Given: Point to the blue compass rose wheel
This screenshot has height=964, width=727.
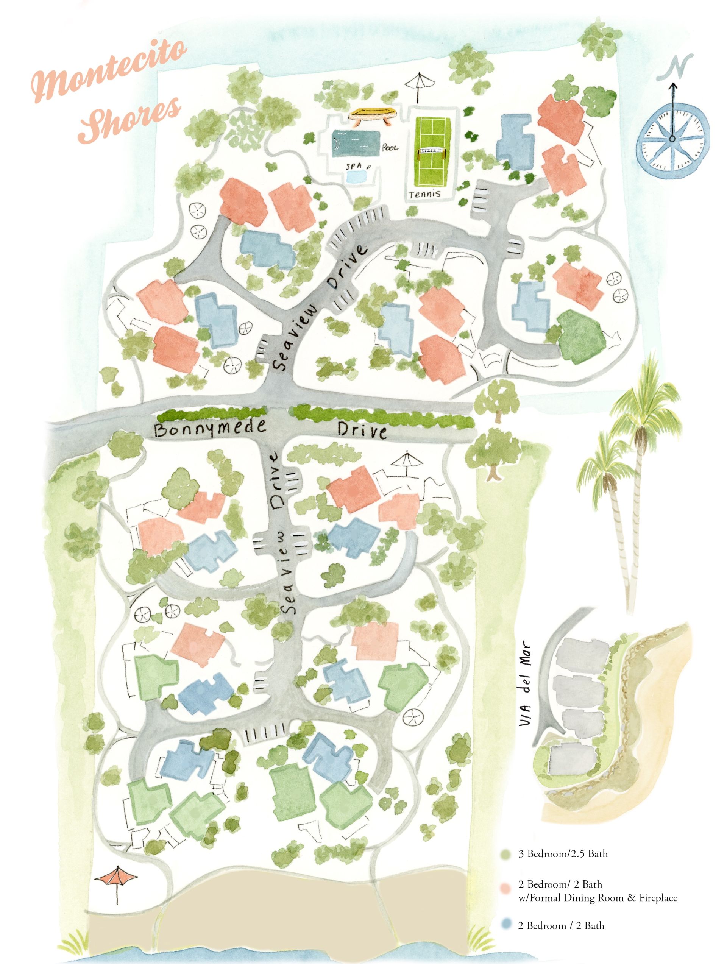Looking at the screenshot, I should [672, 139].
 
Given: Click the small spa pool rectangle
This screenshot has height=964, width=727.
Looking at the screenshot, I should [356, 176].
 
